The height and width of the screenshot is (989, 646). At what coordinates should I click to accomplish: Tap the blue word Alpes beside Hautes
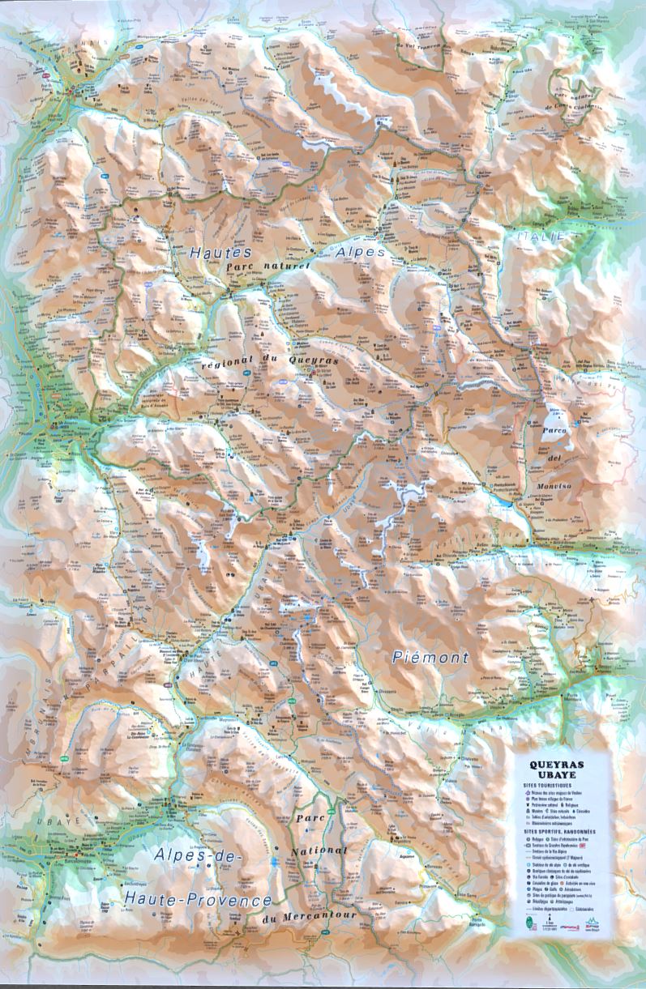pyautogui.click(x=360, y=253)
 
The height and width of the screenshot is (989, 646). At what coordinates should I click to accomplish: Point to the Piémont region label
pyautogui.click(x=431, y=658)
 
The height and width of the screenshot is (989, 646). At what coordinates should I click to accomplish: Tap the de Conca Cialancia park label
pyautogui.click(x=575, y=108)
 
